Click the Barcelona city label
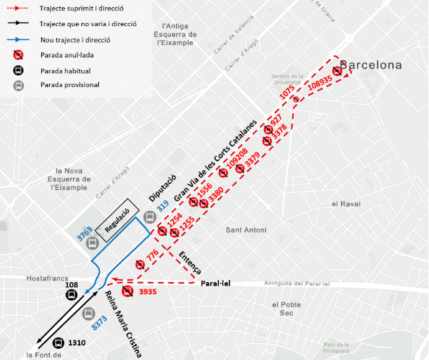click(371, 65)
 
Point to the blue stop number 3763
click(85, 234)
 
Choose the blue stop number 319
click(163, 205)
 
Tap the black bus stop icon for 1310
click(58, 342)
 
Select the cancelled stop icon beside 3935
click(128, 291)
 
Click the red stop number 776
click(152, 255)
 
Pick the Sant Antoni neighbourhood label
click(246, 230)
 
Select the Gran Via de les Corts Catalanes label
click(216, 160)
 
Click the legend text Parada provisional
click(70, 85)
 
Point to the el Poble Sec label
click(286, 309)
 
